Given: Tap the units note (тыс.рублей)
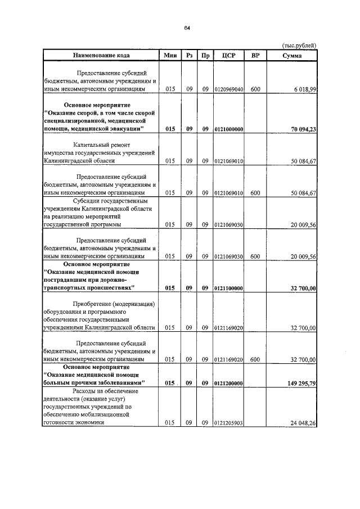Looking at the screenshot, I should click(x=298, y=46).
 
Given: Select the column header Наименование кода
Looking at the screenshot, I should click(x=100, y=55).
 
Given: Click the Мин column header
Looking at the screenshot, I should click(x=170, y=55).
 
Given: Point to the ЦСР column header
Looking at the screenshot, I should click(x=228, y=55).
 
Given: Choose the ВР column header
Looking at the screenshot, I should click(x=255, y=55).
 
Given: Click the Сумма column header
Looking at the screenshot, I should click(x=294, y=55).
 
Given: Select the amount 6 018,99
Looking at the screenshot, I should click(x=304, y=89).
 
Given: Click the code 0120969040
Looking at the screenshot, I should click(x=229, y=89).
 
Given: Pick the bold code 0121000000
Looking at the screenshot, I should click(x=229, y=129).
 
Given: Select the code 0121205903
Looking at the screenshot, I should click(x=229, y=423).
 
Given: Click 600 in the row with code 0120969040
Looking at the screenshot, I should click(x=255, y=89).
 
